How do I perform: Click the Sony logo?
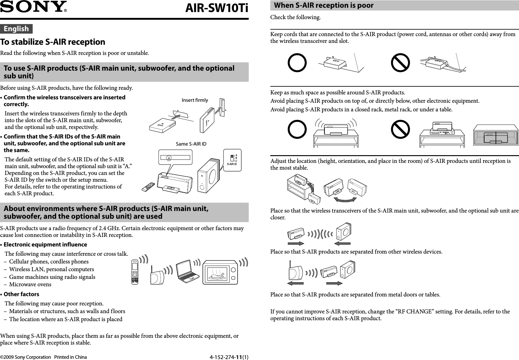[33, 7]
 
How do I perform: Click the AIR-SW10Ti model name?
[216, 9]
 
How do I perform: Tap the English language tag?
[16, 29]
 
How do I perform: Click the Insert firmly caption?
[195, 100]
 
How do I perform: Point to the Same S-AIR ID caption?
[191, 144]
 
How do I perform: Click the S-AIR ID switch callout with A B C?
[232, 159]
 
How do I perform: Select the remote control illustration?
[149, 187]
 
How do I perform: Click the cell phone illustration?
[135, 272]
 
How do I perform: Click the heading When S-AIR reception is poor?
[324, 5]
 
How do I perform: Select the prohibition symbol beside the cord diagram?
[400, 63]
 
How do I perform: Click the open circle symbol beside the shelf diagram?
[297, 129]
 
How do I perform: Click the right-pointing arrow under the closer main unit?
[297, 243]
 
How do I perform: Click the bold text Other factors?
[21, 294]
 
